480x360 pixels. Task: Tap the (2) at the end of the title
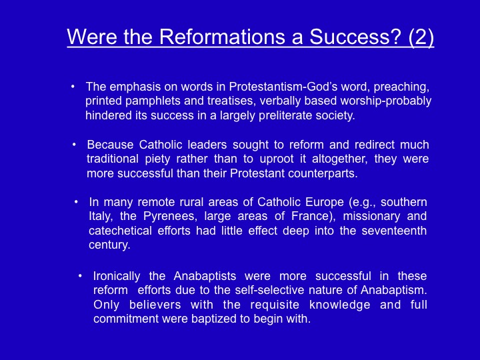tap(421, 37)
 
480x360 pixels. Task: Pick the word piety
tap(157, 159)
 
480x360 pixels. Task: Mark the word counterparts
tap(323, 173)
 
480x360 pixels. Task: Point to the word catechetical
tap(120, 231)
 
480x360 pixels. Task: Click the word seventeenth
tap(394, 231)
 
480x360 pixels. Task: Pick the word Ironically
tap(117, 277)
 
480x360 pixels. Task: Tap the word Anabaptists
tap(205, 276)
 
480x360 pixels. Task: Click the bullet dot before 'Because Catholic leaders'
tap(74, 145)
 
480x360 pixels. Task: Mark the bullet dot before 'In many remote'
tap(76, 202)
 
